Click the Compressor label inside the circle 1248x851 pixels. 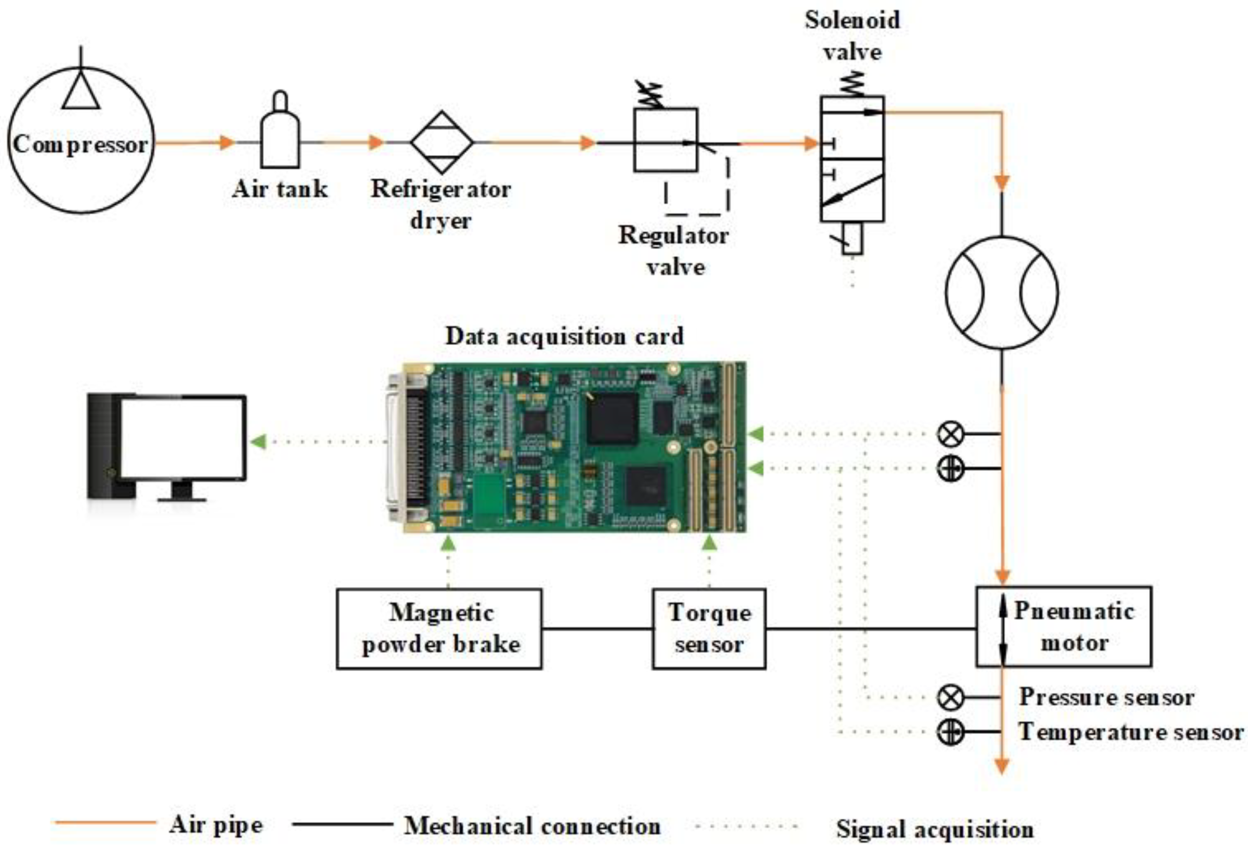(81, 144)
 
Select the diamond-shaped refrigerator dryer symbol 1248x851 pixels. (442, 142)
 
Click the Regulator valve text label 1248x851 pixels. (674, 251)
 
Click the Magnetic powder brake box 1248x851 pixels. (439, 629)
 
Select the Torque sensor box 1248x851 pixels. (709, 629)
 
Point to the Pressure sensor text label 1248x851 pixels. (1106, 697)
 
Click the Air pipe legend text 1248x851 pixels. (216, 825)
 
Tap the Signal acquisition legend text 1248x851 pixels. (934, 829)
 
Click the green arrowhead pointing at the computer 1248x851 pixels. (259, 442)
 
